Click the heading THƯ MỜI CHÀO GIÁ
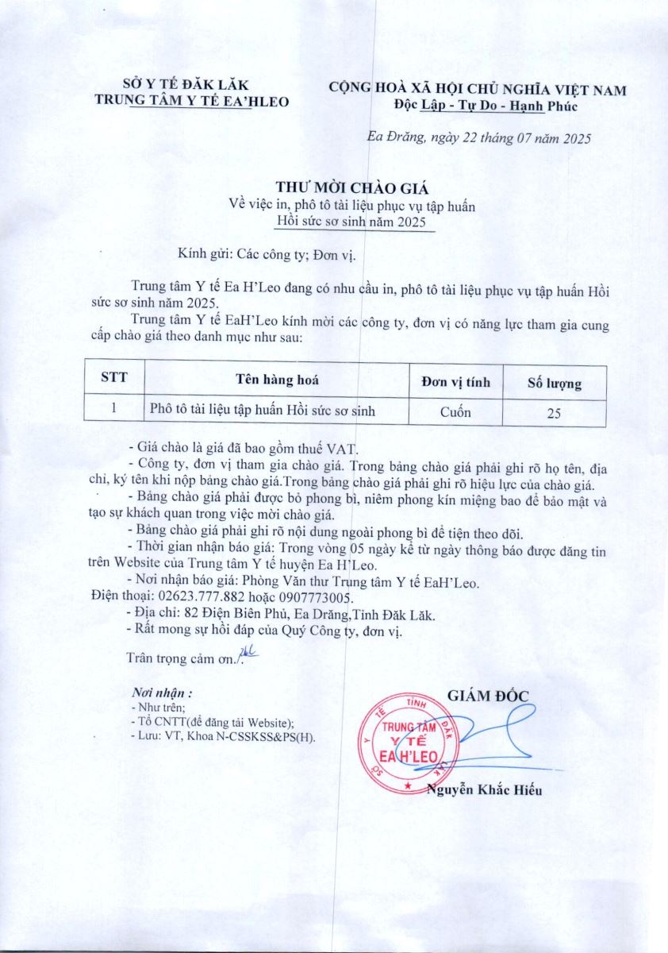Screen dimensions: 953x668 tap(352, 188)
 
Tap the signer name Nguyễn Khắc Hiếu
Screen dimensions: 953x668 tap(485, 789)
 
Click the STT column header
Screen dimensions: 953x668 tap(113, 379)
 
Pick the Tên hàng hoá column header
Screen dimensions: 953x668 tap(276, 380)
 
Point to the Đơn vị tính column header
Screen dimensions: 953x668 tap(455, 382)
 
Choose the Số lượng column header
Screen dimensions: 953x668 tap(555, 384)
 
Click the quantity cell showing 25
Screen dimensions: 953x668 tap(555, 412)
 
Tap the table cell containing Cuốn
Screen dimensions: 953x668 tap(455, 411)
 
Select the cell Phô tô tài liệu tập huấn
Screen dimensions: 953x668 tap(262, 410)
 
